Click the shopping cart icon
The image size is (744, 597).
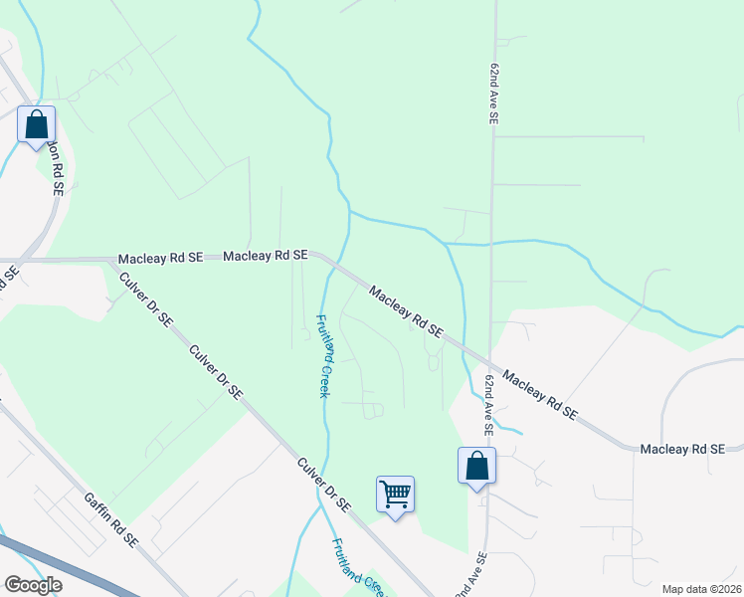(395, 495)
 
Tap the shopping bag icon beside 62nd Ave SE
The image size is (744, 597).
(476, 466)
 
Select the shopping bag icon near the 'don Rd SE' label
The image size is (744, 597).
(36, 125)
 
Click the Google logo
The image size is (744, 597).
(32, 585)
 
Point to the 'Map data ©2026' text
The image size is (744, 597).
(701, 589)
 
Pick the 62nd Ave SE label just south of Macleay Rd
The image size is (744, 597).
(489, 405)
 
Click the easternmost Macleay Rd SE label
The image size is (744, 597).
(681, 451)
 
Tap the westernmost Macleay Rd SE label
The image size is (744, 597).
(160, 258)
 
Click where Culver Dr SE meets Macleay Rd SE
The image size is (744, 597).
(111, 260)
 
